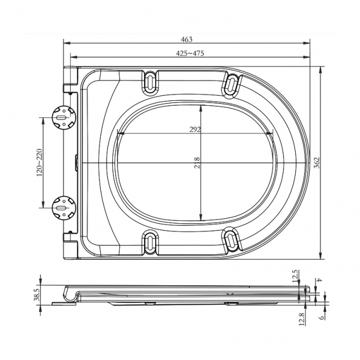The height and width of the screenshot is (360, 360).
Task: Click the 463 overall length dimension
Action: pos(187,39)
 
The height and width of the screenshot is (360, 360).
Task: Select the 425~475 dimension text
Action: pos(190,53)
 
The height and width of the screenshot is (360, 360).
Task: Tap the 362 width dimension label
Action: pos(317,162)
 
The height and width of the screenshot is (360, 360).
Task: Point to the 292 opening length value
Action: pos(195,129)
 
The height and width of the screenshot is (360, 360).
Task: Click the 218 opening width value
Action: pos(197,163)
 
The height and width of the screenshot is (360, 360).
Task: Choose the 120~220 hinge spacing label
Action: pos(39,162)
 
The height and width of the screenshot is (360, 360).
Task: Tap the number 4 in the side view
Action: pos(319,280)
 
